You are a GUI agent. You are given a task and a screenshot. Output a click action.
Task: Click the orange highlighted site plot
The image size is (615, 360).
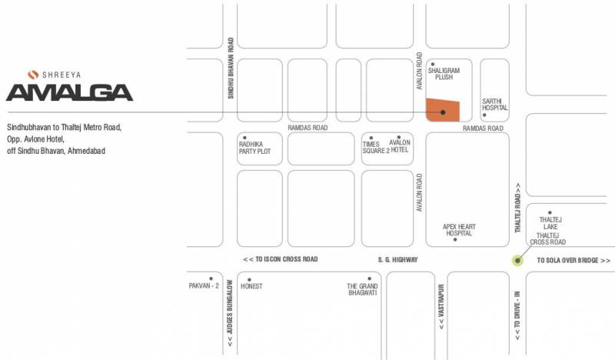(444, 110)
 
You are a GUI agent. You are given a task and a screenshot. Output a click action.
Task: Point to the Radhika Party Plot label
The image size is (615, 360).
(254, 147)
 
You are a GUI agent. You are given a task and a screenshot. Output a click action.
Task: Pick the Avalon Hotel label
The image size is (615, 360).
(400, 147)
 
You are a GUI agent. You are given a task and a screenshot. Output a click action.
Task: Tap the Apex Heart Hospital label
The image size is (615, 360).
(459, 229)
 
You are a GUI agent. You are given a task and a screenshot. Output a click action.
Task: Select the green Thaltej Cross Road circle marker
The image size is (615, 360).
(517, 261)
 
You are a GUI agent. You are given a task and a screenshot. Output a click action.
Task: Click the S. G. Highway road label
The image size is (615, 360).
(398, 260)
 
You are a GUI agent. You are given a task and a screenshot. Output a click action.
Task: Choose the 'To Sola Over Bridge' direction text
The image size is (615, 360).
(573, 261)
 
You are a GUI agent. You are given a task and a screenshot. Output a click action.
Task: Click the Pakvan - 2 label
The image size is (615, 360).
(204, 286)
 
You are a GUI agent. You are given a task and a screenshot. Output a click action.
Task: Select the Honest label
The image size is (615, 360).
(251, 286)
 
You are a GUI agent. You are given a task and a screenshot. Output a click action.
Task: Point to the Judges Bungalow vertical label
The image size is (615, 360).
(230, 312)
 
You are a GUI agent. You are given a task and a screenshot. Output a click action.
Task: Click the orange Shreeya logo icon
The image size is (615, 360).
(32, 75)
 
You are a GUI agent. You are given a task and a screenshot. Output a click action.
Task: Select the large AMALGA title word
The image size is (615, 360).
(69, 93)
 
